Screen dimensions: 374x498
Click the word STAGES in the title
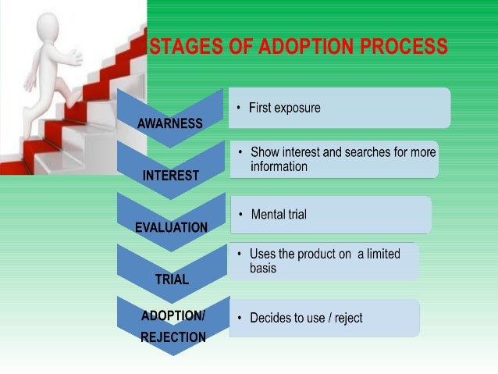[183, 47]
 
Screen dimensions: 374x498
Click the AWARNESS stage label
[169, 123]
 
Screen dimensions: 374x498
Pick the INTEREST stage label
[170, 176]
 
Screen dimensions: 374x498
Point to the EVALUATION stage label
[171, 228]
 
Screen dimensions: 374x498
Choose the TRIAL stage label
[172, 280]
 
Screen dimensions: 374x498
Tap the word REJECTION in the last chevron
[173, 337]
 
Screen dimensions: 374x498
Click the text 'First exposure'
[284, 108]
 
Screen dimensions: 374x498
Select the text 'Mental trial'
[279, 214]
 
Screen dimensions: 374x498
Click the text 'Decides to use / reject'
[306, 318]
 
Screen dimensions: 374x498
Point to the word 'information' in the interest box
[279, 166]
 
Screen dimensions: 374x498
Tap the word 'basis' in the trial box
[262, 268]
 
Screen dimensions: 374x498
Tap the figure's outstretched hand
[77, 56]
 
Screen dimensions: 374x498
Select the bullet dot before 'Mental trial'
[242, 214]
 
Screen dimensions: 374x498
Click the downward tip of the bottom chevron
[173, 354]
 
